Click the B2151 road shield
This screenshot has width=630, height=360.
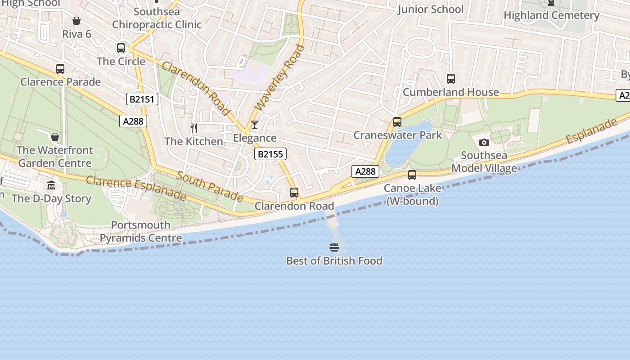pos(142,99)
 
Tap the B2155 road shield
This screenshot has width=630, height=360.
pos(270,154)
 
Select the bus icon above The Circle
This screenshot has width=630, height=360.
pos(121,48)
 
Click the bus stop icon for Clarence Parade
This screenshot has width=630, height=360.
pos(60,69)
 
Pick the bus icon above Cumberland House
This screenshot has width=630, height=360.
pos(451,79)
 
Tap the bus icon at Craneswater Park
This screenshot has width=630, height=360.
pos(397,122)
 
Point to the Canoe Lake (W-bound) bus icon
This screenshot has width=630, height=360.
pos(412,175)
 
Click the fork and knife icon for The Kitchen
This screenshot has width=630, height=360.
pos(194,128)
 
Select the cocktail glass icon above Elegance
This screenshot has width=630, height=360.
pos(255,125)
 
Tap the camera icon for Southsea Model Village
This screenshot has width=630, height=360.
pos(484,143)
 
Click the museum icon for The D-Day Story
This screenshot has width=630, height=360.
pos(51,185)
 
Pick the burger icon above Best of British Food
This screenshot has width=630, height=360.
pos(334,247)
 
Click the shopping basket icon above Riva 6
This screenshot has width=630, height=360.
pos(76,21)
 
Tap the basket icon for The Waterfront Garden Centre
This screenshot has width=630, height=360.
pos(55,137)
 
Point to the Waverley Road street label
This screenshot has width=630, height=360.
pos(279,77)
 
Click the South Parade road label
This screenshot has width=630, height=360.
pos(210,186)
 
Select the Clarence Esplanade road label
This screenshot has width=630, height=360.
pos(136,188)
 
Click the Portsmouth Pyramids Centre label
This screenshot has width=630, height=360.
pos(141,231)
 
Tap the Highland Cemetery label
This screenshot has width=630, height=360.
pos(551,15)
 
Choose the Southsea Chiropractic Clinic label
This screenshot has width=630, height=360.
pos(157,18)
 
